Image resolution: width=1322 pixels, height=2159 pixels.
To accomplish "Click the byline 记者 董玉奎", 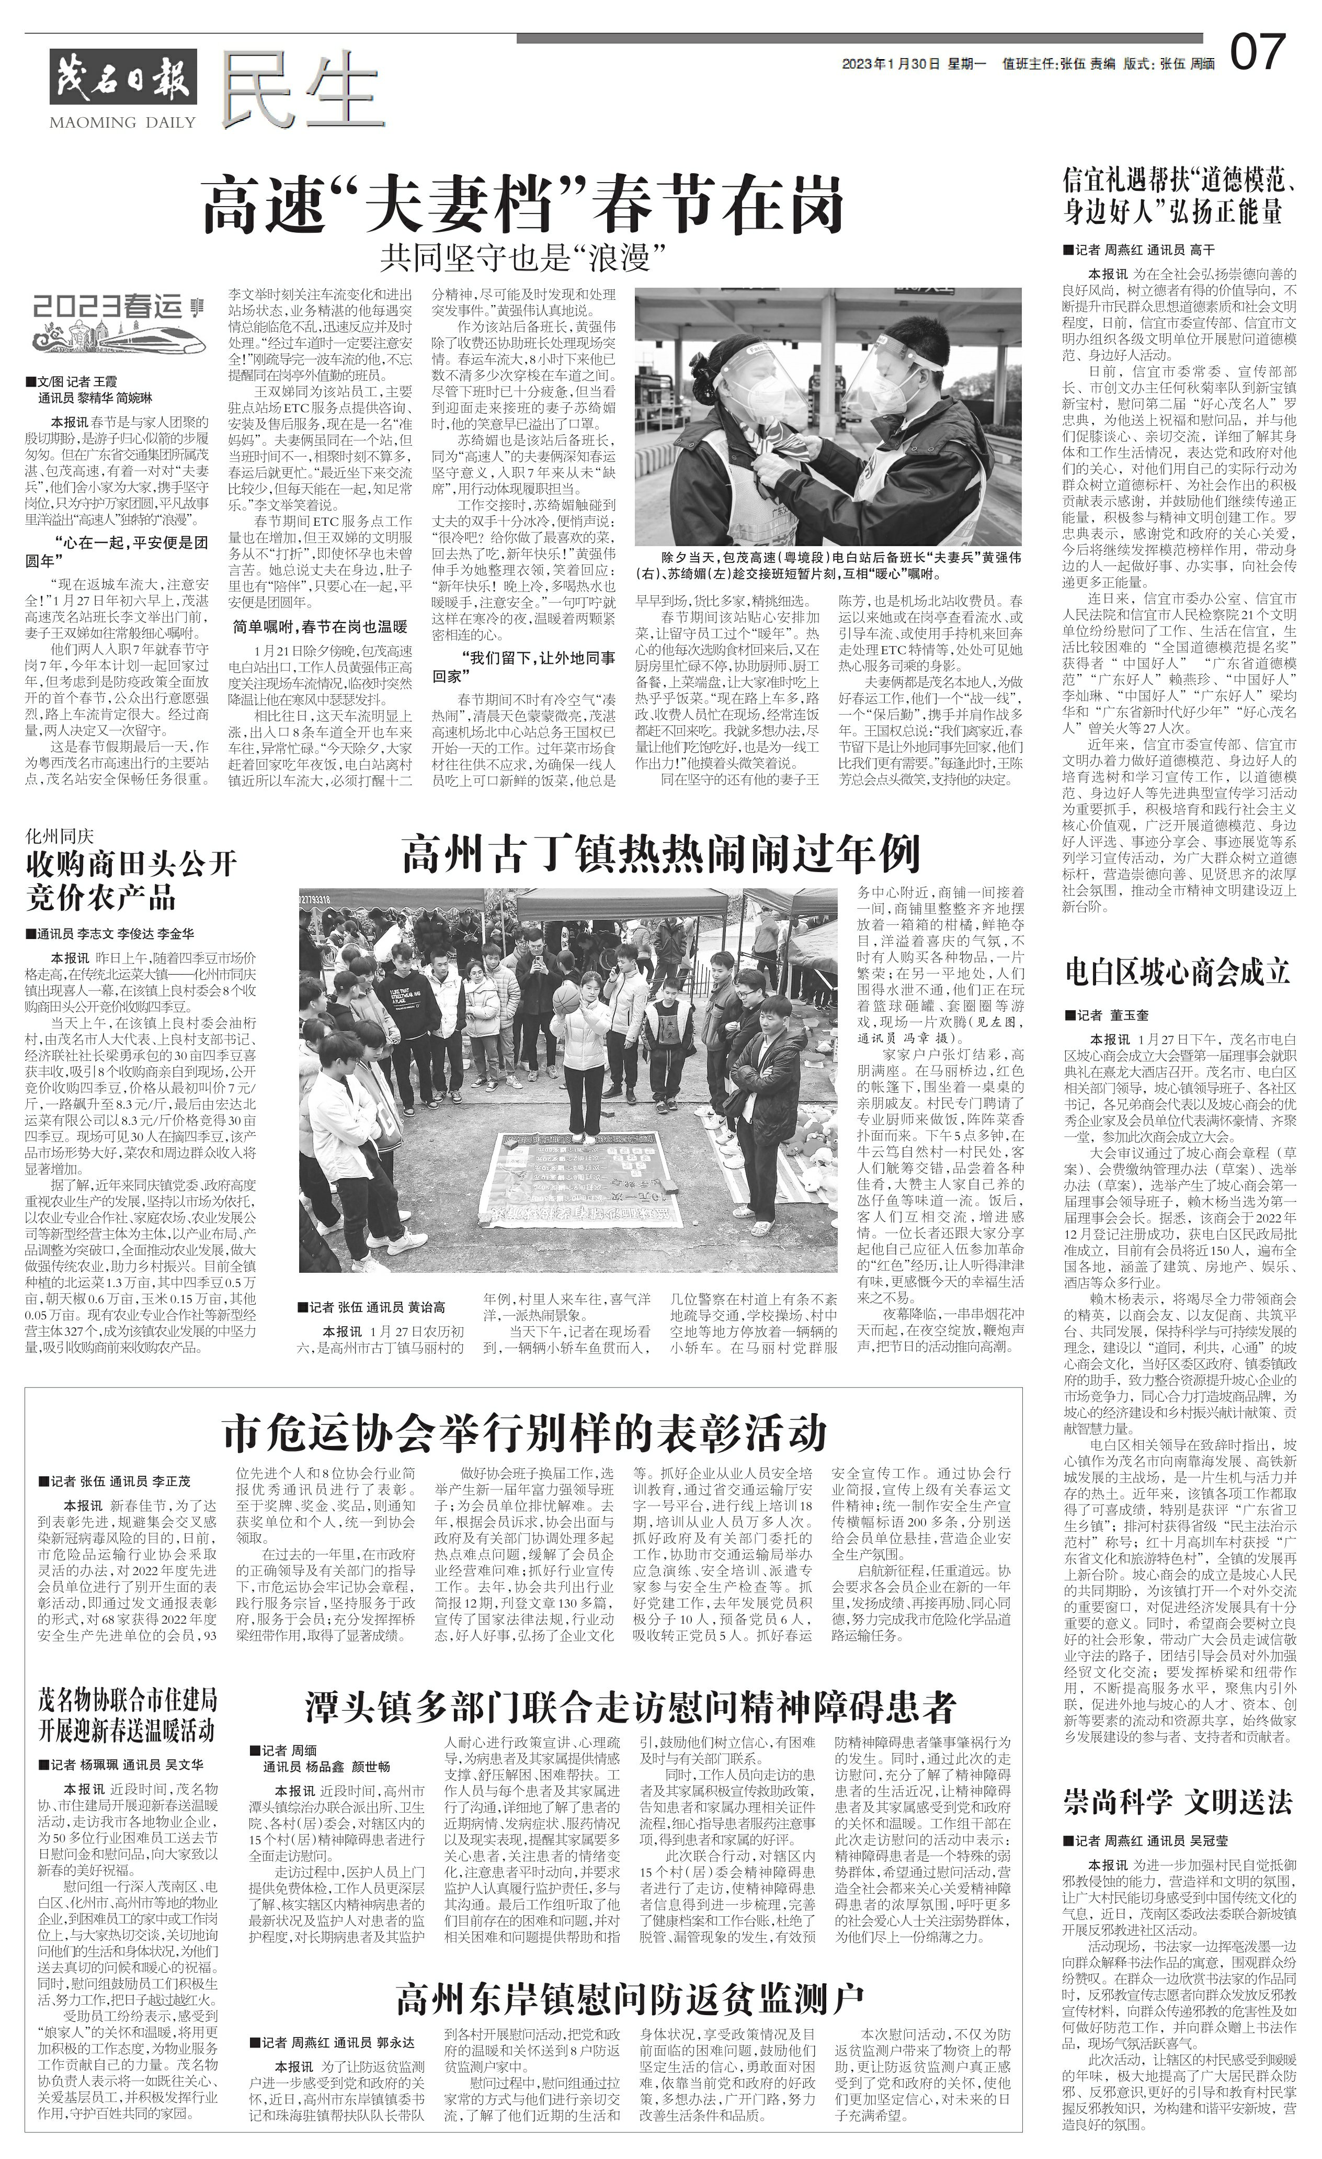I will pos(1111,1015).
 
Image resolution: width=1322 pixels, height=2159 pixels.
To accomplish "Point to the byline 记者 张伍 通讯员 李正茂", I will pos(115,1482).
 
